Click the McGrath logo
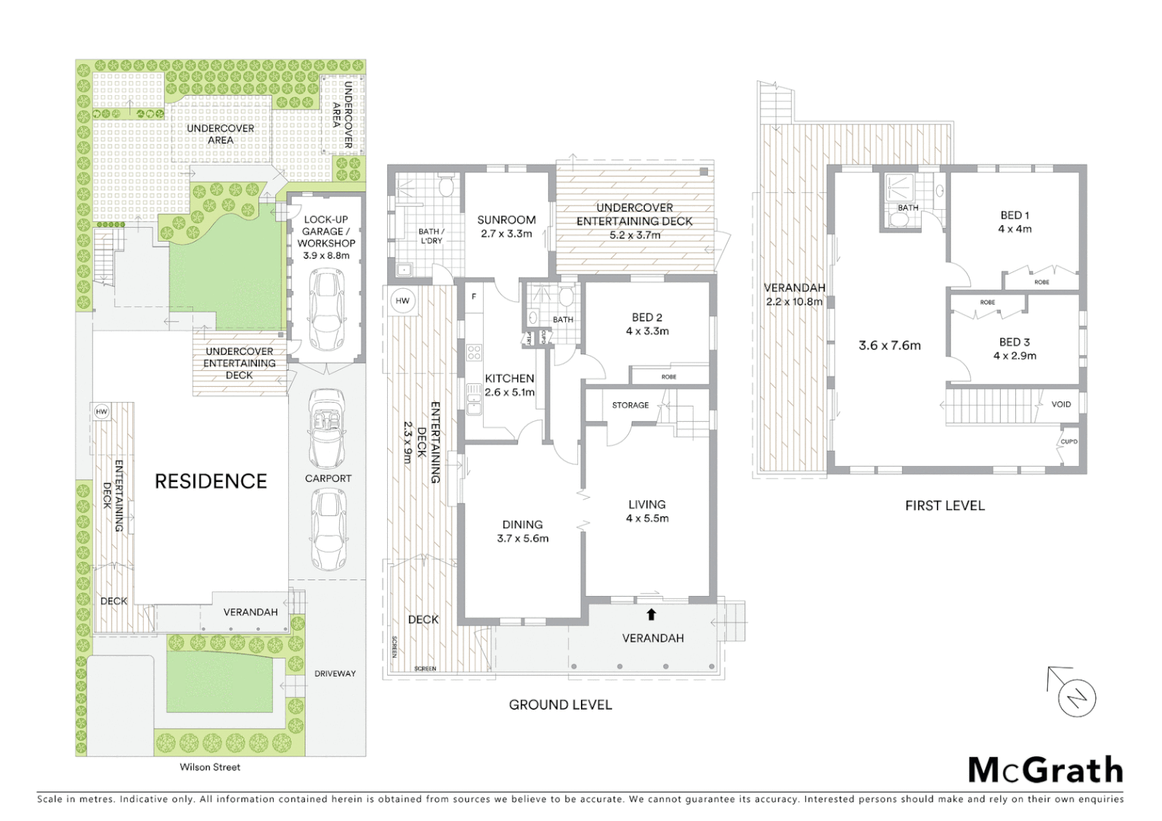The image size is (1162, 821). coord(1045,770)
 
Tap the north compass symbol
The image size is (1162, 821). coord(1078,697)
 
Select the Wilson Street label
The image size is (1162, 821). coord(210,767)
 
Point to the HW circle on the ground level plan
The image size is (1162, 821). coord(402,301)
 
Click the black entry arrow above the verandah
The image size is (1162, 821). coord(651,614)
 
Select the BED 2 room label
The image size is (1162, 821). coord(643,318)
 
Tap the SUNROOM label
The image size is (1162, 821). coord(506,220)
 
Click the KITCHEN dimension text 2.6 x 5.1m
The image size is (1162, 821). coord(510,392)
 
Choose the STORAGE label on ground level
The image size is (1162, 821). coord(630,405)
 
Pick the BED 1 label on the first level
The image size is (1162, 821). coord(1014,215)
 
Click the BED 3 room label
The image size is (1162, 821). coord(1014,342)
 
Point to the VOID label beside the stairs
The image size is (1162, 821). coord(1061,404)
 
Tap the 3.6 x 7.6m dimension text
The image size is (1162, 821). coord(889,345)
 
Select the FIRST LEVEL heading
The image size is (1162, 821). coord(945,506)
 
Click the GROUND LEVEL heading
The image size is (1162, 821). coord(560,705)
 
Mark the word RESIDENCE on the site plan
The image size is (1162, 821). coord(211,481)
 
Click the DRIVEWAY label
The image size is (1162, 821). coord(335,674)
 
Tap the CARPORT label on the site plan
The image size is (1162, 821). coord(328,478)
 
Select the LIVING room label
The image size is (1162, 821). coord(646,504)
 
